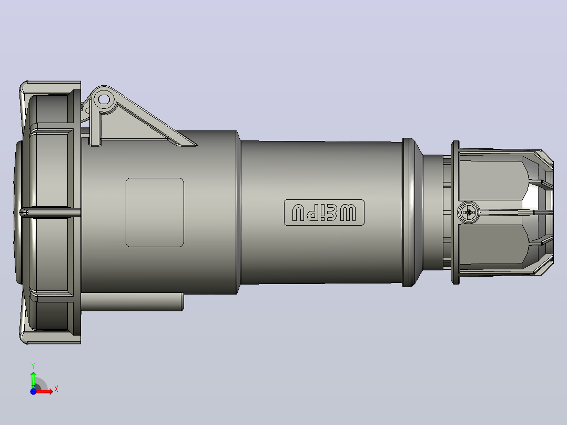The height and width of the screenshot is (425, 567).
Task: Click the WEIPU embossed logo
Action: (324, 212)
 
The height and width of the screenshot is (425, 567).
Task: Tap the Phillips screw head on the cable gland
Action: (469, 212)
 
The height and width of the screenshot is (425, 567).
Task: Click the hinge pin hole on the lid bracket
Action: (104, 99)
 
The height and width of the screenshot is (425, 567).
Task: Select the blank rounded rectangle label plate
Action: (155, 212)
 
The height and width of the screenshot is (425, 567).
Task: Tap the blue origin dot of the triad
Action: (33, 391)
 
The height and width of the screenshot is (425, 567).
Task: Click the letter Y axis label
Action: (33, 366)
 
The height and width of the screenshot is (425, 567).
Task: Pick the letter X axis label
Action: (56, 389)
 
